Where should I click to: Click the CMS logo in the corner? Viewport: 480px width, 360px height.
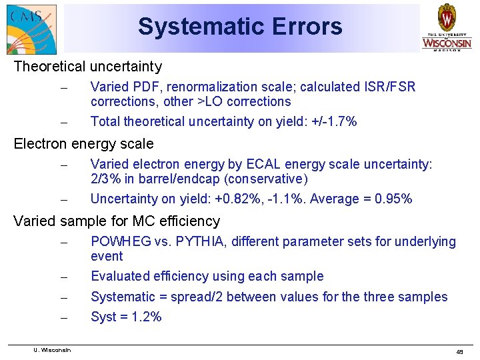pyautogui.click(x=31, y=28)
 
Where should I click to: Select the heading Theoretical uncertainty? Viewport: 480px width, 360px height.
pyautogui.click(x=87, y=67)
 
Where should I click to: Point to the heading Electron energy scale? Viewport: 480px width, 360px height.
pyautogui.click(x=83, y=144)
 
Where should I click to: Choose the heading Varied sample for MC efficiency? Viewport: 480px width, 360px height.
pyautogui.click(x=117, y=221)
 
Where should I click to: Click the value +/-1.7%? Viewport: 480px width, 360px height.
pyautogui.click(x=333, y=121)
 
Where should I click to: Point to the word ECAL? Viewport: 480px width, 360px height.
pyautogui.click(x=267, y=164)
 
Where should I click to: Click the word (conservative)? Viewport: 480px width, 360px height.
pyautogui.click(x=266, y=179)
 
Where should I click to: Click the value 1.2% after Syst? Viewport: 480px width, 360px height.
pyautogui.click(x=145, y=317)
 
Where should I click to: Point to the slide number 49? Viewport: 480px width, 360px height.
pyautogui.click(x=459, y=351)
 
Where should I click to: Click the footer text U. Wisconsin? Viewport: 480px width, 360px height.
pyautogui.click(x=53, y=350)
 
